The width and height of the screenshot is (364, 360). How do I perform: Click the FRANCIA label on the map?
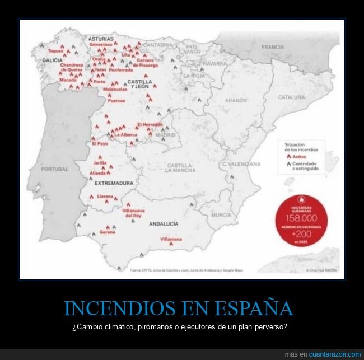point(272,48)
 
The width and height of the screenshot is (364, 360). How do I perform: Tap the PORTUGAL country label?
point(55,169)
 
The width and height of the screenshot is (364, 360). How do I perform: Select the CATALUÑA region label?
point(291,97)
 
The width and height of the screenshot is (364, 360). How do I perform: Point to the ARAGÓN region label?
point(235,100)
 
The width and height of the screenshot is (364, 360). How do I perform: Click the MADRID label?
point(165,135)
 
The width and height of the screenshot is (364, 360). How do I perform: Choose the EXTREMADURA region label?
point(114,183)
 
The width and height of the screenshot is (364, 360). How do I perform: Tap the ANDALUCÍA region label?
point(164,223)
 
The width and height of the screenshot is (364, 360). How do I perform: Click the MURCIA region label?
point(221,215)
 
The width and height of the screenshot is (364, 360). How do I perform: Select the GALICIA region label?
point(52,60)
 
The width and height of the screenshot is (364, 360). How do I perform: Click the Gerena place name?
point(108,232)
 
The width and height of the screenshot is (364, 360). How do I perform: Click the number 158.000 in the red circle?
point(302,218)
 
